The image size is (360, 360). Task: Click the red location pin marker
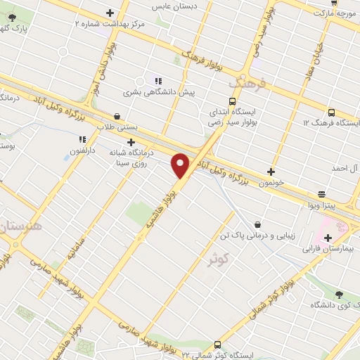coord(181,165)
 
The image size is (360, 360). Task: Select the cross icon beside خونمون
coord(271,171)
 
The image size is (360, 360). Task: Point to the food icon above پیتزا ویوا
coord(322,194)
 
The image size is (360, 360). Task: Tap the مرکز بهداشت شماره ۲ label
coord(110,23)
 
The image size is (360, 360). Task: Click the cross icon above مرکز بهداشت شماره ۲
coord(110,12)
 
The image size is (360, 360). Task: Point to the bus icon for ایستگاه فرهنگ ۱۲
coord(331,112)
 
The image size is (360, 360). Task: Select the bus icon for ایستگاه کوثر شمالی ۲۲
coord(217,345)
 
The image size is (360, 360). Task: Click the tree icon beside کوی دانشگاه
coord(339,294)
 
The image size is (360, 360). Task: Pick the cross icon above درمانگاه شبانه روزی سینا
coord(130,141)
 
